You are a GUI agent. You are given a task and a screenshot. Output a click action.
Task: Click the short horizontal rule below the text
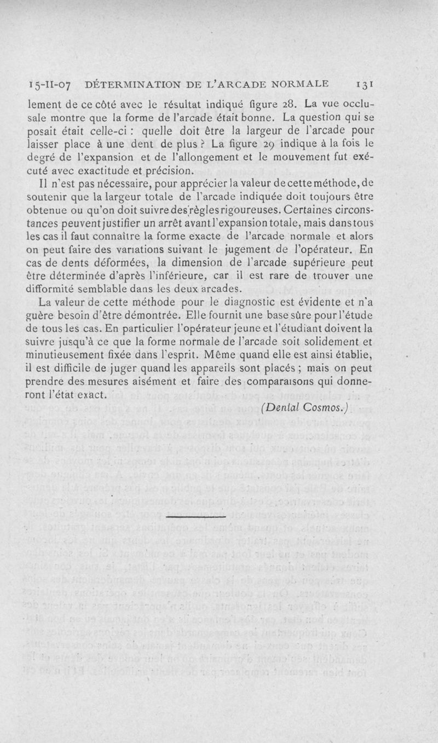click(196, 516)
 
